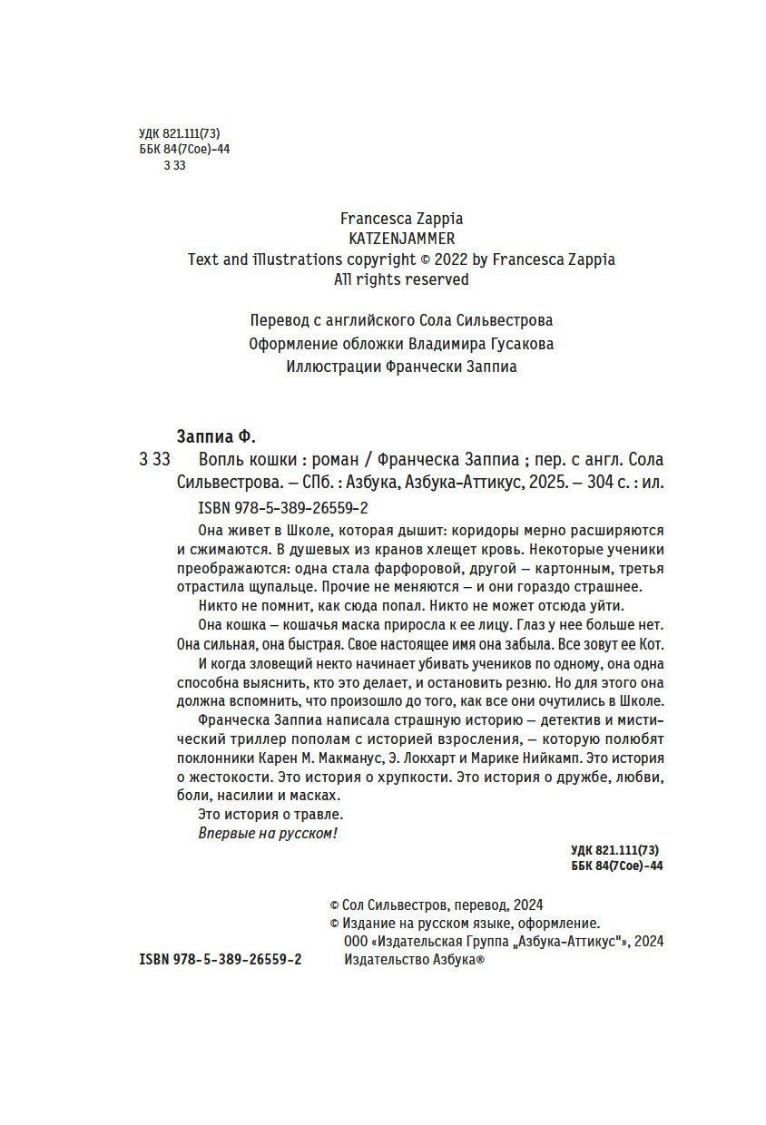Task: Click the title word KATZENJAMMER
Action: [x=401, y=239]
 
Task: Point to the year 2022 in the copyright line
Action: [x=451, y=259]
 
